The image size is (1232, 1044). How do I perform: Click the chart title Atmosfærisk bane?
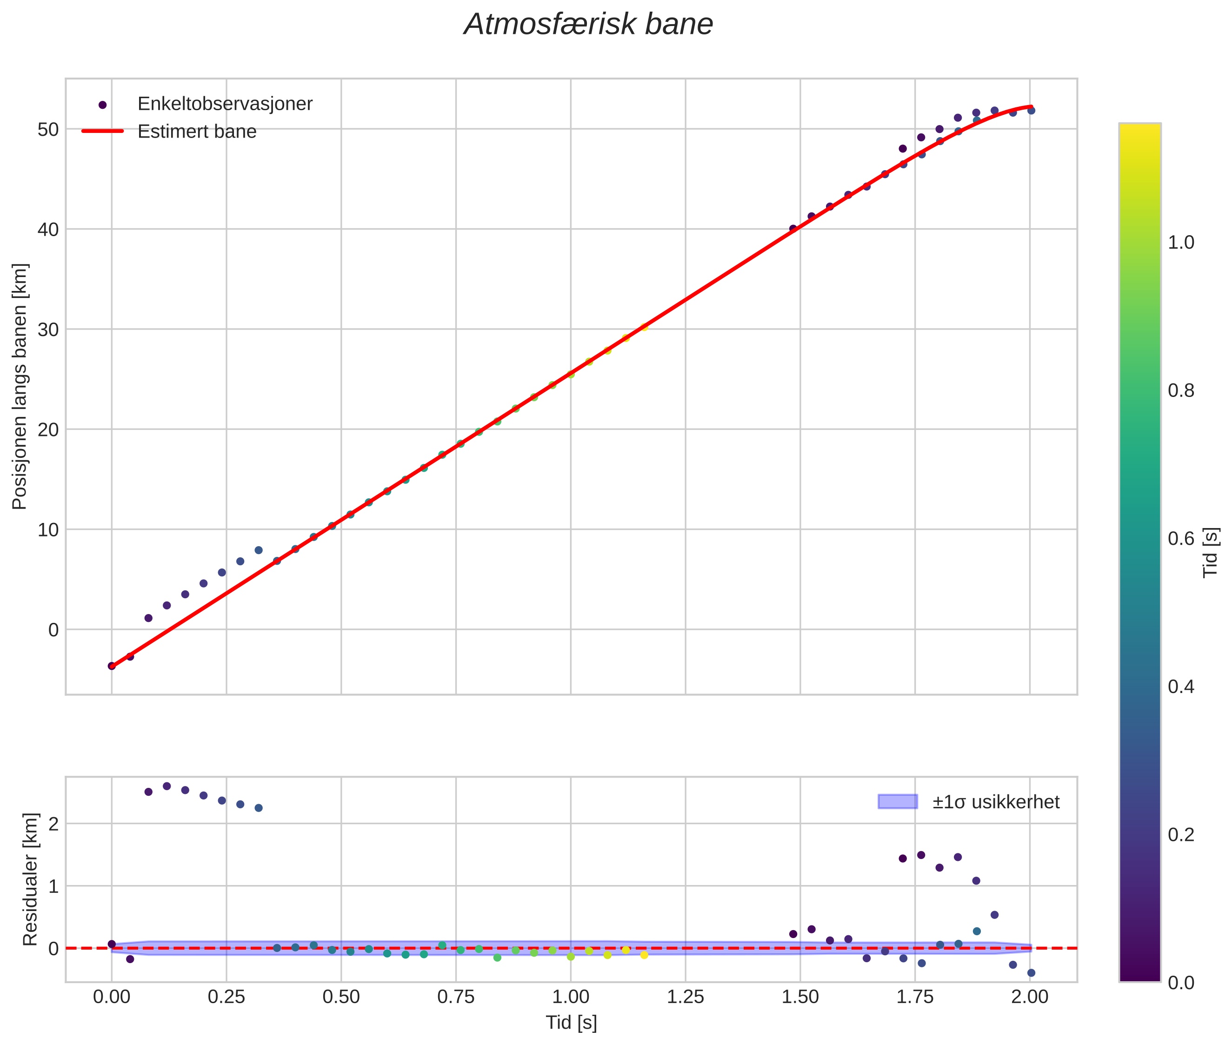point(588,25)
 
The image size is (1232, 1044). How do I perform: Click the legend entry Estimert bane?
point(197,132)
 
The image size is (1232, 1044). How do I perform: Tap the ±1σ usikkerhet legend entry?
point(995,802)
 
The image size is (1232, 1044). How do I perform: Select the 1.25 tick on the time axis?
point(685,997)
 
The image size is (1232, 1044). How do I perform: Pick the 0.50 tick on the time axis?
point(341,997)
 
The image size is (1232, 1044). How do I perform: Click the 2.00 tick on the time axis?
point(1030,997)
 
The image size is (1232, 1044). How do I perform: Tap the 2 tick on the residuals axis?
point(53,824)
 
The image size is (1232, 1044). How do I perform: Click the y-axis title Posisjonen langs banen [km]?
point(20,386)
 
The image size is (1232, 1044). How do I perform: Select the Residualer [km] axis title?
point(30,879)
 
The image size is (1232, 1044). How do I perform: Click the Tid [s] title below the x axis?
point(571,1023)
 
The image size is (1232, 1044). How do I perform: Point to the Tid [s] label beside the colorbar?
point(1211,552)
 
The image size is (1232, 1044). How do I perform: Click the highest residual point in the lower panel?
point(167,786)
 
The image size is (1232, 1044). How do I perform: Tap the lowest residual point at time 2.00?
point(1031,972)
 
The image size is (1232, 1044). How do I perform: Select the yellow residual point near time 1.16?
point(644,955)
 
